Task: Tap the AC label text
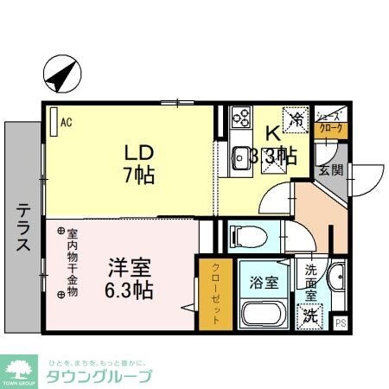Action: coord(66,122)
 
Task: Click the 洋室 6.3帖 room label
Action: coord(131,279)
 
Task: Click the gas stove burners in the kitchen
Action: coord(239,117)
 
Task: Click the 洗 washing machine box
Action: coord(309,316)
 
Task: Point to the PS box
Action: coord(340,323)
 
